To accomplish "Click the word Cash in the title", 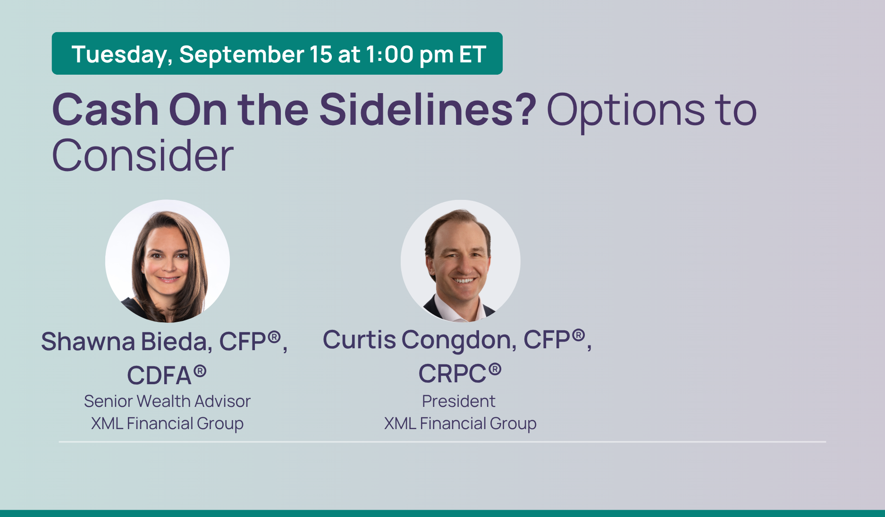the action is coord(105,110).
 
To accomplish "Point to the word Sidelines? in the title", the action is coord(428,110).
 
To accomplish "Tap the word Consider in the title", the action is coord(143,155).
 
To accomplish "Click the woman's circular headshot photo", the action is coord(168,261).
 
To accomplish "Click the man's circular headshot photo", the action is coord(461,261).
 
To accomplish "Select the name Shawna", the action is coord(88,341).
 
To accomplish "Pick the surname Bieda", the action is coord(177,341).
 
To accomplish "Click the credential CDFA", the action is coord(159,376).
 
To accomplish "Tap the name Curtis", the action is coord(359,339).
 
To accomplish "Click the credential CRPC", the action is coord(452,374).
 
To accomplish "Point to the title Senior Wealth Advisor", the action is coord(167,401).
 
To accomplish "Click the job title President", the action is coord(458,401).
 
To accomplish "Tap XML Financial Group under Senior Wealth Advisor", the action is coord(167,423).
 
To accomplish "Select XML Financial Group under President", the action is coord(460,423).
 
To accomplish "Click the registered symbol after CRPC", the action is coord(495,369).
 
